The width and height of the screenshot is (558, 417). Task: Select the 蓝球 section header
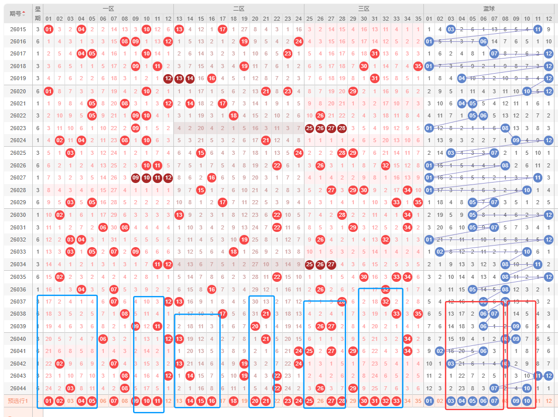click(x=488, y=9)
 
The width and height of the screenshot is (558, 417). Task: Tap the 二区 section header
click(x=238, y=9)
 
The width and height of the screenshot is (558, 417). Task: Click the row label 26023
click(x=18, y=128)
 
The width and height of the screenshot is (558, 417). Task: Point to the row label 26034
click(x=18, y=264)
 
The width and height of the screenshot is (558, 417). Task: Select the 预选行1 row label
click(x=18, y=401)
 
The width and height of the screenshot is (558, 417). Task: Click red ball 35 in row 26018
click(x=417, y=66)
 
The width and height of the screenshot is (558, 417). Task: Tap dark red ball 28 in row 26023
click(x=342, y=128)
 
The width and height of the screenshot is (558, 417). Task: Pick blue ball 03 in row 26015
click(x=451, y=29)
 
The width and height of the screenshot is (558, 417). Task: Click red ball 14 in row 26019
click(x=190, y=78)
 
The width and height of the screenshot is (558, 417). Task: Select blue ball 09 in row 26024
click(x=516, y=140)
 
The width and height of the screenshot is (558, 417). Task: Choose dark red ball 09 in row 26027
click(x=136, y=177)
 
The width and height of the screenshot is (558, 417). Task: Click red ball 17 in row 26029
click(x=222, y=202)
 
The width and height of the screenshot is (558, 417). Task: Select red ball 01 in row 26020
click(x=48, y=91)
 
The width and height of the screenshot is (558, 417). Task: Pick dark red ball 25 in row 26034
click(x=309, y=264)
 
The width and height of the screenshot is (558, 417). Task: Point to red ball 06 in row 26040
click(x=103, y=339)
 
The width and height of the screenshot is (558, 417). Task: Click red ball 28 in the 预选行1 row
click(x=342, y=401)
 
